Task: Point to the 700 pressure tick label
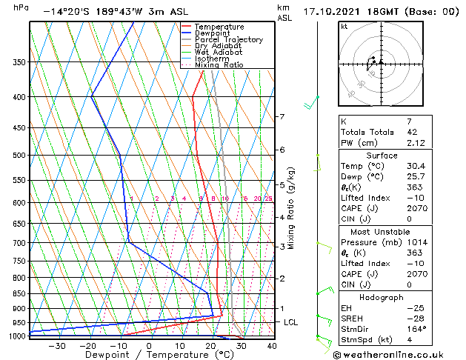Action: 19,243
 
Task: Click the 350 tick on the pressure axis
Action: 19,62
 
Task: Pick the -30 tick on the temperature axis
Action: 57,346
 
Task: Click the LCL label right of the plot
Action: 290,323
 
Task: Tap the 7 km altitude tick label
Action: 282,117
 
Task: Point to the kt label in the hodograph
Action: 344,27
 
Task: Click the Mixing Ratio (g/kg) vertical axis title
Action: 292,208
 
